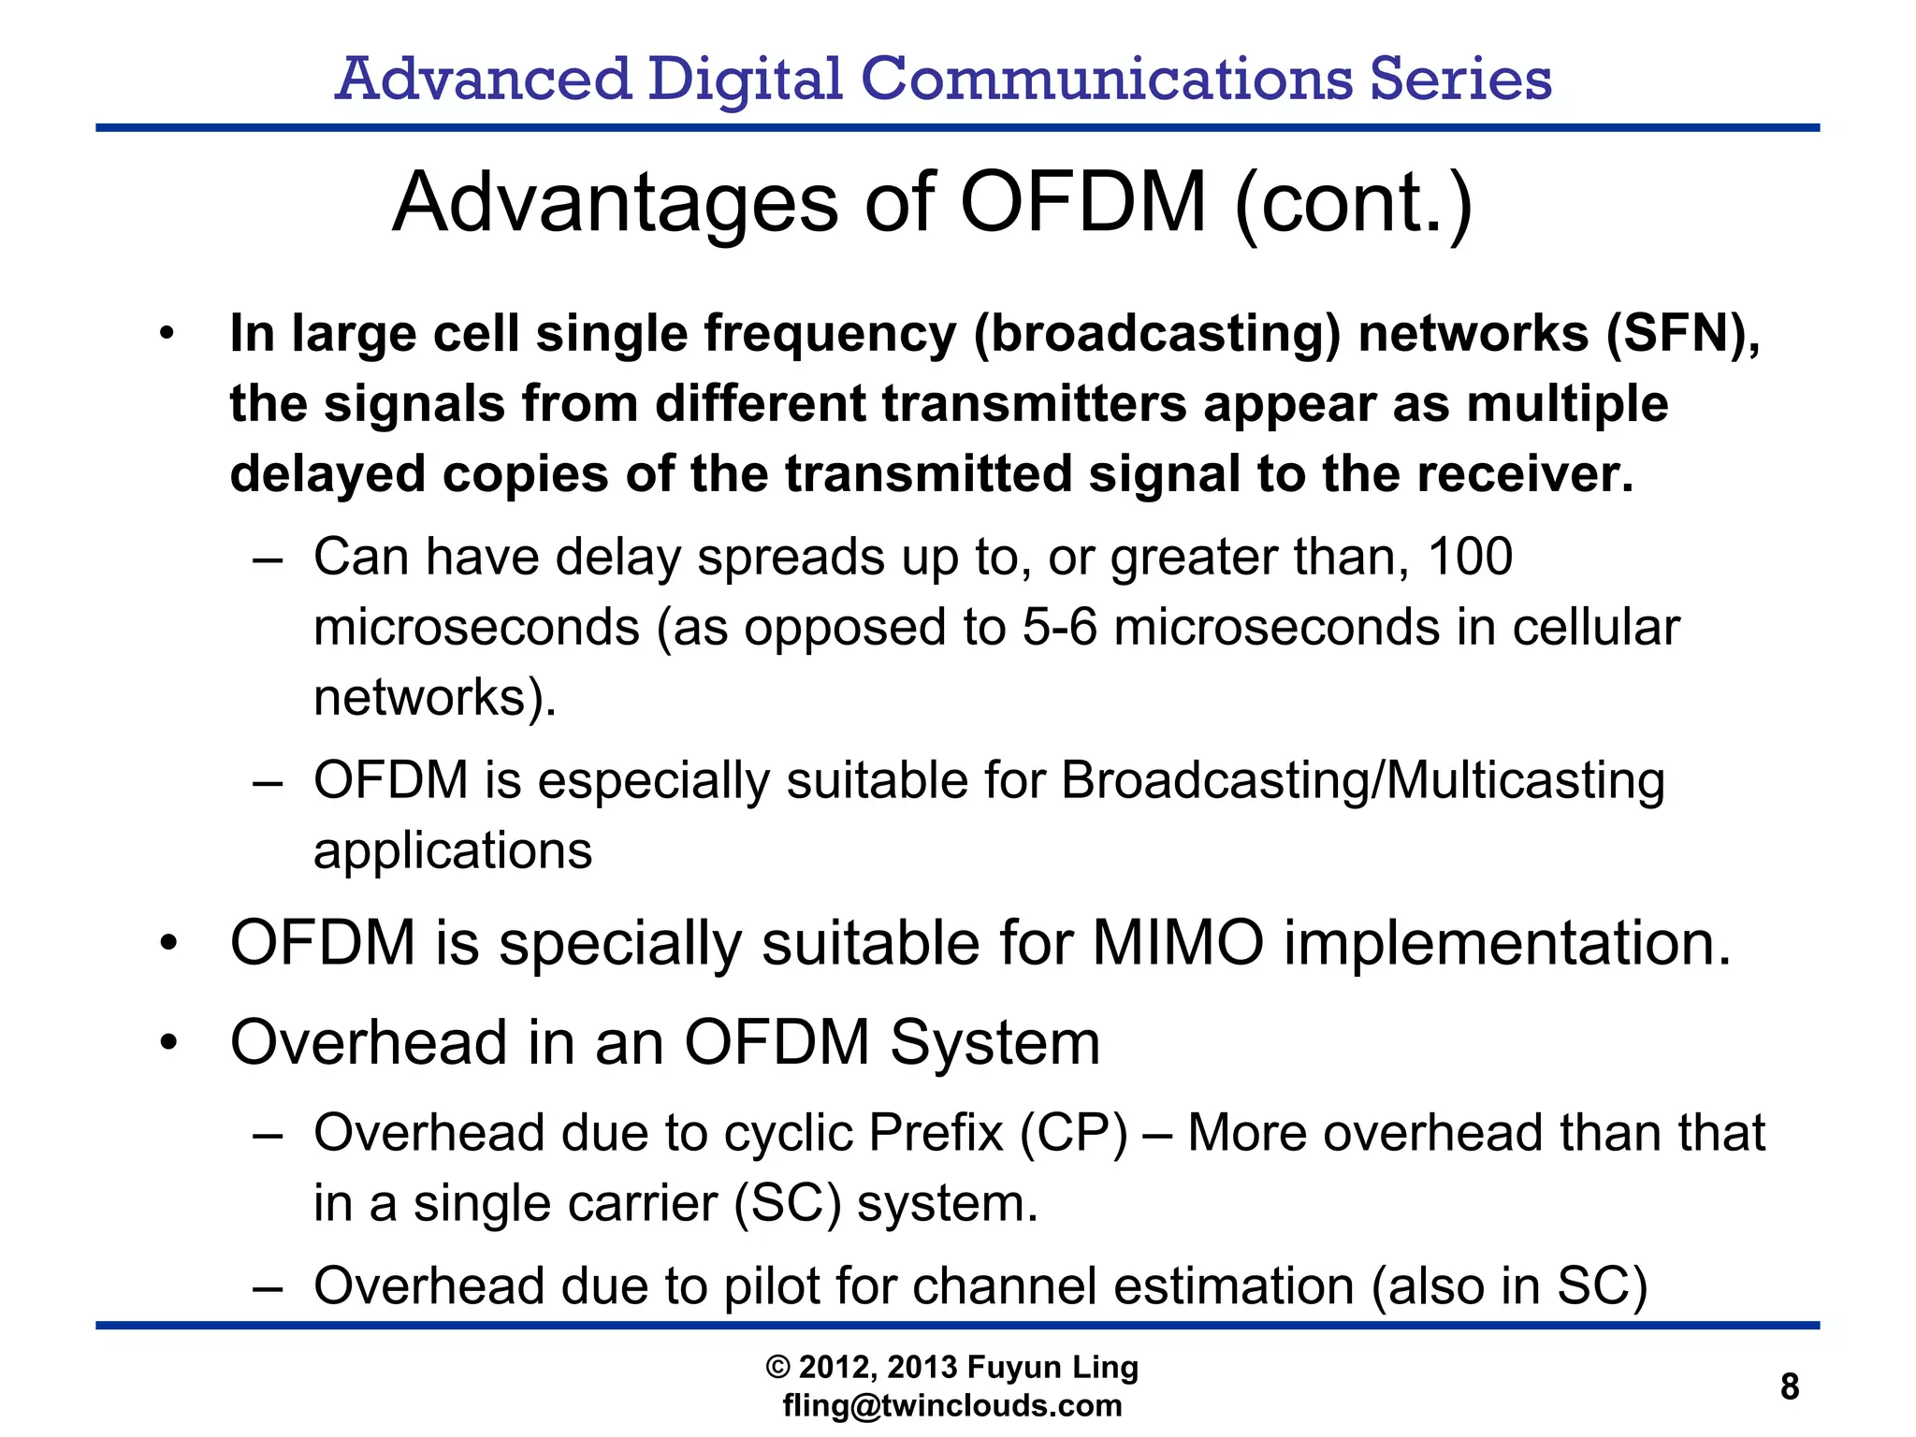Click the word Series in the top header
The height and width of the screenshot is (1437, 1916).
click(1460, 79)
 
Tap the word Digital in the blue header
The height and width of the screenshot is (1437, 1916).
click(745, 79)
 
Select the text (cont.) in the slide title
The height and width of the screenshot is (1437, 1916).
click(1354, 203)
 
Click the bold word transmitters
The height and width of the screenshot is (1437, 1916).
click(1035, 404)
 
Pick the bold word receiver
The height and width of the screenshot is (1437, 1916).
click(1524, 474)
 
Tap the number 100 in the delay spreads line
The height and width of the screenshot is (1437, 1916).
click(1470, 557)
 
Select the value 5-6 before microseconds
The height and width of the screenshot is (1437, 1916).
click(1059, 627)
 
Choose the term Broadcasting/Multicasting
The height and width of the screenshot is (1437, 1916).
click(1363, 780)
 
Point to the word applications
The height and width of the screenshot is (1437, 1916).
click(453, 850)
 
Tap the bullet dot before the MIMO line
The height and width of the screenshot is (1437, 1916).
click(167, 942)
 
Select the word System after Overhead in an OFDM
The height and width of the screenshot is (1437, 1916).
click(994, 1042)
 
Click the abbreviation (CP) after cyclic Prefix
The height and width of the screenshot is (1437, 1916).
click(1073, 1133)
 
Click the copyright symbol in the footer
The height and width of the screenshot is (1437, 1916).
click(777, 1368)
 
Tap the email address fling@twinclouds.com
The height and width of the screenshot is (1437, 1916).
click(952, 1405)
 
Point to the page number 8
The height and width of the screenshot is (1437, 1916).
click(1790, 1386)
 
